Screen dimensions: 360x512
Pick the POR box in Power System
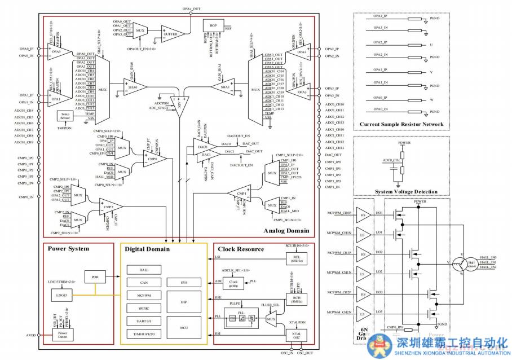[94, 276]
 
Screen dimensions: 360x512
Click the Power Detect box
[63, 335]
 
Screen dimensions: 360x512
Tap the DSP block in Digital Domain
[184, 301]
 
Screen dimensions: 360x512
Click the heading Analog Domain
[286, 231]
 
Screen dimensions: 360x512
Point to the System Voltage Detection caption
[402, 192]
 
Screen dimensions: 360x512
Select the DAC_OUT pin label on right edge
[333, 155]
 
